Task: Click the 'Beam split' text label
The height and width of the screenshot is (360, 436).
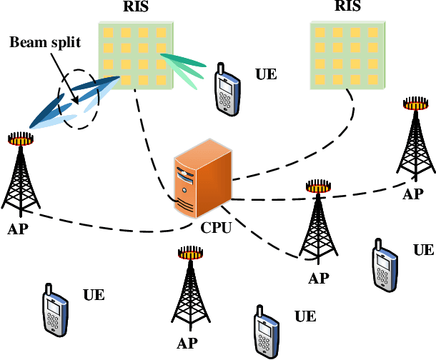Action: [x=44, y=42]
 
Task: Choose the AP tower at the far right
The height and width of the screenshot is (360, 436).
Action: [x=413, y=143]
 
